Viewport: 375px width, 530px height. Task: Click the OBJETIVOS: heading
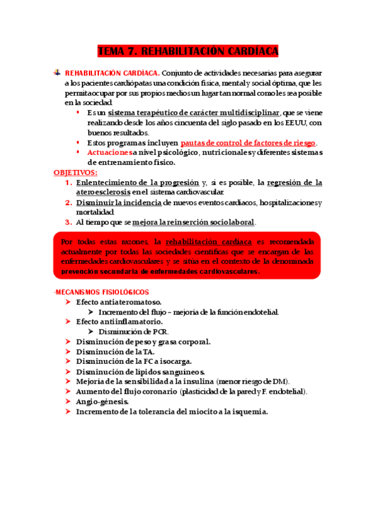point(75,172)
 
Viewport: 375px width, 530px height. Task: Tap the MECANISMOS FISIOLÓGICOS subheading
point(101,292)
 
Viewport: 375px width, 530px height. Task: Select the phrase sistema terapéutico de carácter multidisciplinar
point(194,112)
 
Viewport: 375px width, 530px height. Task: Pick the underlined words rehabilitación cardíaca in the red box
point(210,241)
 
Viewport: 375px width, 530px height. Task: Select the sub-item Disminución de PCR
point(133,332)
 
